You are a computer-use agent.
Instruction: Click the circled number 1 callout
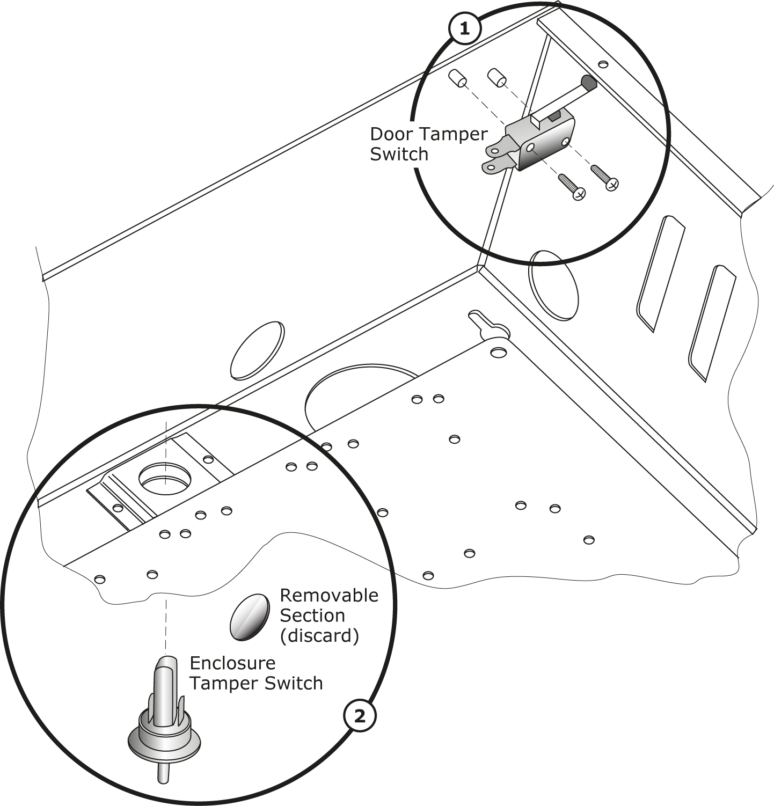point(464,29)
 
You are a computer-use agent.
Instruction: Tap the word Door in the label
point(390,134)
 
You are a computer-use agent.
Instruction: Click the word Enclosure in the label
point(232,663)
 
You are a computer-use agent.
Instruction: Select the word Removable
point(328,595)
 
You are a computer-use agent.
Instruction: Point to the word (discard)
point(319,635)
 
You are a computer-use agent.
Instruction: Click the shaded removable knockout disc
point(249,617)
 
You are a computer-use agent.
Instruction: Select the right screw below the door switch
point(604,177)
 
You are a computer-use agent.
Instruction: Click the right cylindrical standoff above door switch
point(496,77)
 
